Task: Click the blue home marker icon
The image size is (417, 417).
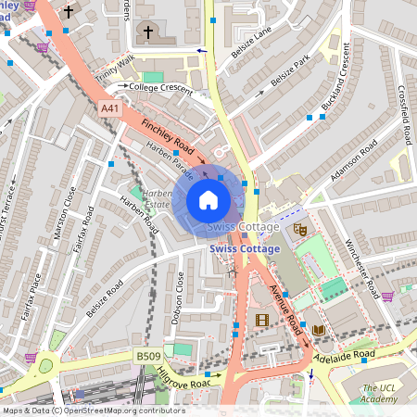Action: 208,199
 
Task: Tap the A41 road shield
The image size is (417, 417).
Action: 110,108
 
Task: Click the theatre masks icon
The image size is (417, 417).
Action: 299,227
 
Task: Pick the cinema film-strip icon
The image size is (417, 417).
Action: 261,320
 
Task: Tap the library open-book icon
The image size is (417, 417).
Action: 319,330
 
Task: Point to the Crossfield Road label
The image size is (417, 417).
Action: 404,116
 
